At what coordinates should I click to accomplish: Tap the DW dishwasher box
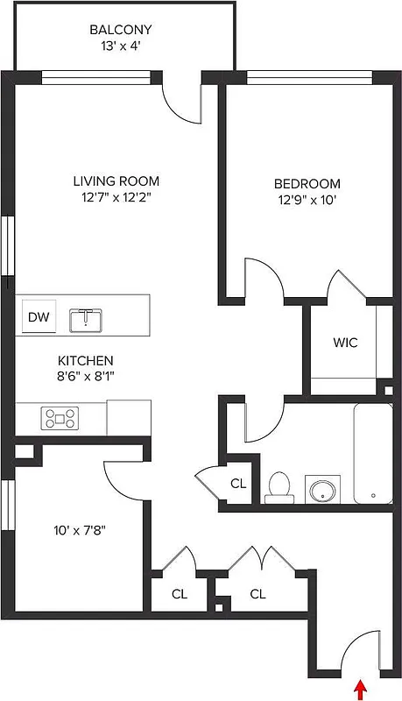tap(38, 317)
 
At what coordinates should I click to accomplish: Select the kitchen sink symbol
tap(86, 320)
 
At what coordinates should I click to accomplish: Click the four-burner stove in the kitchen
tap(60, 418)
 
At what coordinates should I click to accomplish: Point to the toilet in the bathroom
tap(279, 487)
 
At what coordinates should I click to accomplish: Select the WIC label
tap(345, 343)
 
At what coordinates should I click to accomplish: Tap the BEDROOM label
tap(307, 184)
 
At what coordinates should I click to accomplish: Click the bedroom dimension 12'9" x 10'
tap(307, 200)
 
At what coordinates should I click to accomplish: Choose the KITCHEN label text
tap(85, 360)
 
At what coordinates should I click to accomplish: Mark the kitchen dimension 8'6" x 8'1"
tap(85, 376)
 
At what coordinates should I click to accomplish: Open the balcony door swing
tap(183, 102)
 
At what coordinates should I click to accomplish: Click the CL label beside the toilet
tap(238, 483)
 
